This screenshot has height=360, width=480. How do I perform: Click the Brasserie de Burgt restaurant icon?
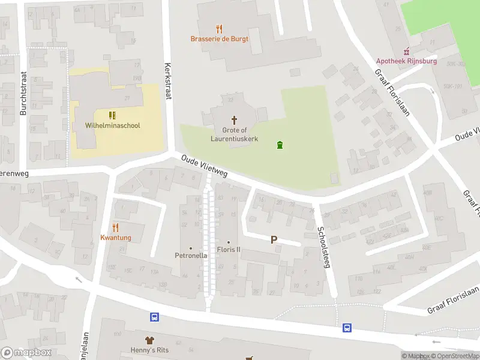[219, 28]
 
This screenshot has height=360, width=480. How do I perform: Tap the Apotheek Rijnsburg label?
[406, 61]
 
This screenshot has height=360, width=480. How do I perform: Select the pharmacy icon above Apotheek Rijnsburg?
[407, 50]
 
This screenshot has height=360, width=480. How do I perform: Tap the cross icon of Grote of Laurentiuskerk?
[234, 119]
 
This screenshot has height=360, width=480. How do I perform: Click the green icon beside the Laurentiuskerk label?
[279, 145]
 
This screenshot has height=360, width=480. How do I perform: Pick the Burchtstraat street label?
[23, 95]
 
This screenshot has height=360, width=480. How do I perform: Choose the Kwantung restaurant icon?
[116, 227]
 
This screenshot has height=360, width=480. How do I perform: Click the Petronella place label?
[191, 255]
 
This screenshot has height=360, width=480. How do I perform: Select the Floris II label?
[228, 250]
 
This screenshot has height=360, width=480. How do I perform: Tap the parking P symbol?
[274, 239]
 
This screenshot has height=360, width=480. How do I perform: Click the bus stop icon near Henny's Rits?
[154, 317]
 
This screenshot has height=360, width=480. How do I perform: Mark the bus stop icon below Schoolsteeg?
[347, 328]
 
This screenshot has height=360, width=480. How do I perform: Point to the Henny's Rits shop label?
[147, 350]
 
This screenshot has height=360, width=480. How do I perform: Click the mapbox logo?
[26, 353]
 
